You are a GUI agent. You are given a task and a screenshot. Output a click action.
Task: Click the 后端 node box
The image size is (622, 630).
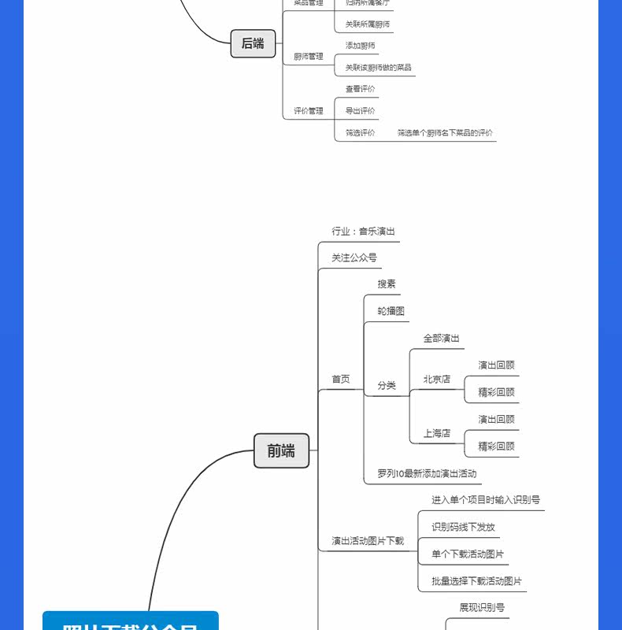(x=253, y=43)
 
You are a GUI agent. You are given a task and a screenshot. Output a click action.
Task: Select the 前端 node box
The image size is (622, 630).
(x=281, y=450)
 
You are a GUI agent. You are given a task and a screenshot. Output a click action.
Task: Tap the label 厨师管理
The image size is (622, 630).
(x=309, y=57)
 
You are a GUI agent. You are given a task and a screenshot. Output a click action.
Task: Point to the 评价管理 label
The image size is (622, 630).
(x=309, y=111)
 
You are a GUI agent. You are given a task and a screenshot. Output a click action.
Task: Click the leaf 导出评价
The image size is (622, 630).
(x=361, y=111)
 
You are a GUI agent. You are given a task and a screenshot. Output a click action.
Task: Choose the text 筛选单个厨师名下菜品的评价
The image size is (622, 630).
(x=446, y=133)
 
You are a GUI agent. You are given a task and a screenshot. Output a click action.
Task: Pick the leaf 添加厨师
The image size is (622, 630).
(x=361, y=46)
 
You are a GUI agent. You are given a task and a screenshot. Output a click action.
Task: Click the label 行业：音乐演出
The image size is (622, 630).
(x=363, y=232)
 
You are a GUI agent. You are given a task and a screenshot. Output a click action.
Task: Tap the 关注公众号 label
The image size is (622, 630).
(x=354, y=258)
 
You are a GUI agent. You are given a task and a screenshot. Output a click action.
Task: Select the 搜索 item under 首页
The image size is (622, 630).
(x=387, y=283)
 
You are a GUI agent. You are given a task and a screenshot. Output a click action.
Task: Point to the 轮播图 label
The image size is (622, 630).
(x=391, y=311)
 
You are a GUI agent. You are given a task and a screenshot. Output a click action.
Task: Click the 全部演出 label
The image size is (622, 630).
(x=442, y=339)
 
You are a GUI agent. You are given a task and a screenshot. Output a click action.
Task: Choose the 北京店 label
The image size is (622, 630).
(x=437, y=379)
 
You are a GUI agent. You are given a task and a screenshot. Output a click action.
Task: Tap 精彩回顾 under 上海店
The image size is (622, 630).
(x=497, y=447)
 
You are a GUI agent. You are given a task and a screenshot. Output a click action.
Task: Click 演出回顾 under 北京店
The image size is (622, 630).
(x=497, y=365)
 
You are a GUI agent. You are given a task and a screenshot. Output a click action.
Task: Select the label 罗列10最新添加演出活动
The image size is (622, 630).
(x=427, y=474)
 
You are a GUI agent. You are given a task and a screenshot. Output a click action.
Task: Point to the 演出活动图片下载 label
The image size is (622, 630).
(x=368, y=541)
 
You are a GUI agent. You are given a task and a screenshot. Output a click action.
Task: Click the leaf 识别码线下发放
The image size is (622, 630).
(x=464, y=527)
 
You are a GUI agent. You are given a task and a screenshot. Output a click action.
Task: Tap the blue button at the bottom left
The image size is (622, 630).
(x=130, y=621)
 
